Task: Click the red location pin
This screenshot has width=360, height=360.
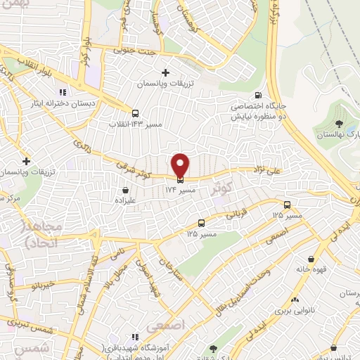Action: [181, 165]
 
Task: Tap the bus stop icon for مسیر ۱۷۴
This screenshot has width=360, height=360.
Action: [181, 178]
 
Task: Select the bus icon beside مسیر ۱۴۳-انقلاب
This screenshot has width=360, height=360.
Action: [136, 112]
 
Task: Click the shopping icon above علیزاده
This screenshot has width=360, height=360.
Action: [126, 190]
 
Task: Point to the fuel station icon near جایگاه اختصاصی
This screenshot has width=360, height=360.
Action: [258, 96]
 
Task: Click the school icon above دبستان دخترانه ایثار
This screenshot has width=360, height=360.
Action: [63, 91]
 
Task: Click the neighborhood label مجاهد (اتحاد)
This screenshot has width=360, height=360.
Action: [44, 236]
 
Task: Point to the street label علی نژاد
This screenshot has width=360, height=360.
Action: [266, 169]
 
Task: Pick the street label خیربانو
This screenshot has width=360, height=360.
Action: [30, 286]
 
